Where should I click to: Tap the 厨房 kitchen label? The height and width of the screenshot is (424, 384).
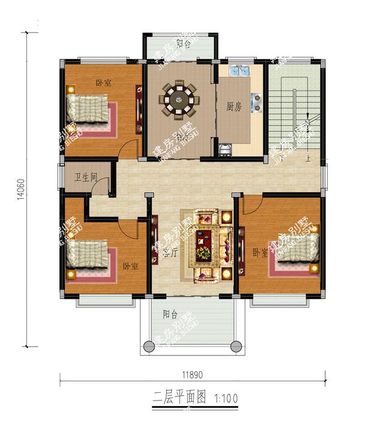234,107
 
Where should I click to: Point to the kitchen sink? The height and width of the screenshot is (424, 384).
240,71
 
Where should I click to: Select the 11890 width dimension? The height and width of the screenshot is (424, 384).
192,374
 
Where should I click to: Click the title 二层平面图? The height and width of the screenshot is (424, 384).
180,397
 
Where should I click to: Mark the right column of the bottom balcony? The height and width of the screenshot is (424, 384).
236,346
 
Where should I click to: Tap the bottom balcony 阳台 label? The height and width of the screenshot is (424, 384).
170,314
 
